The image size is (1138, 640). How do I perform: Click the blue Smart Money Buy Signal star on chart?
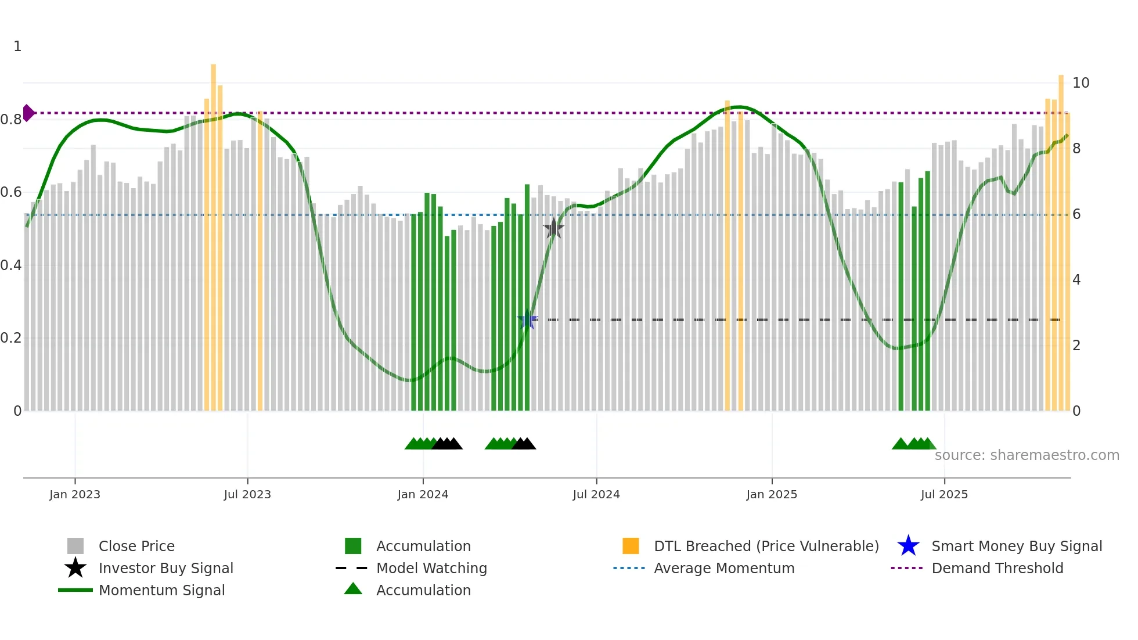pos(527,319)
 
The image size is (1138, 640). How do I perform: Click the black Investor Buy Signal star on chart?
pos(554,228)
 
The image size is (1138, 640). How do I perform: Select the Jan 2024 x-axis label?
pos(423,494)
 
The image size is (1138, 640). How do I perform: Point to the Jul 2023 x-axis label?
pos(247,494)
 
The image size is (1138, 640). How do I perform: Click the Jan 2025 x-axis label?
pos(772,494)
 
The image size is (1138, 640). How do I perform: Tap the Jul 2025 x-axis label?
pos(944,494)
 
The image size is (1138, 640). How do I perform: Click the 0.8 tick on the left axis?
pos(11,120)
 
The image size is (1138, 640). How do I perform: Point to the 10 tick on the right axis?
pos(1081,83)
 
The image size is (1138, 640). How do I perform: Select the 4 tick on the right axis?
pos(1076,280)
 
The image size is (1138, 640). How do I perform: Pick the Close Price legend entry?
pos(136,546)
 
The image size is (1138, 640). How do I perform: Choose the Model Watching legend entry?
pos(431,568)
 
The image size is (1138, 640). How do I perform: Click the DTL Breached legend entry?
pos(766,546)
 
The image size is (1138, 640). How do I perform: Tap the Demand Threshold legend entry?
pos(997,568)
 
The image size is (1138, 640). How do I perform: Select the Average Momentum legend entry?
pos(724,568)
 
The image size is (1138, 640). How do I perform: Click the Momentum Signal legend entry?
pos(161,590)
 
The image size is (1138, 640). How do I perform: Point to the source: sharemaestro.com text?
pos(1027,455)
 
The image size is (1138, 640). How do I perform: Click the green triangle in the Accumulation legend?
pos(353,589)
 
